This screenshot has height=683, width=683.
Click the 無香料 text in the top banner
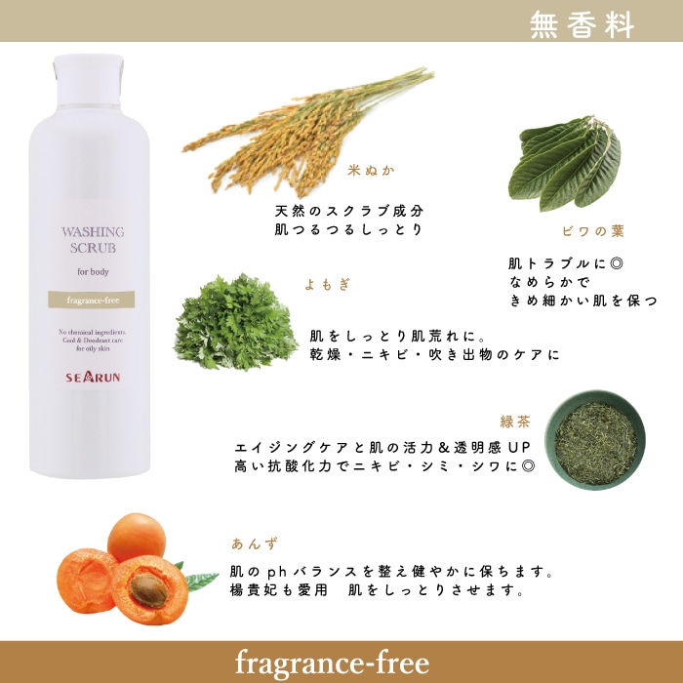point(582,24)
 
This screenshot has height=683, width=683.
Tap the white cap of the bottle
point(89,80)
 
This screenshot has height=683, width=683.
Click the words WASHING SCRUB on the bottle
point(93,240)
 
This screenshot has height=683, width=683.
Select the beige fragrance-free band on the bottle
point(92,300)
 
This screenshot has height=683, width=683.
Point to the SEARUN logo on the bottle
point(93,377)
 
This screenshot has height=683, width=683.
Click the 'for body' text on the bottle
point(93,272)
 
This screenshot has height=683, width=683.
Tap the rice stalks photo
point(307,131)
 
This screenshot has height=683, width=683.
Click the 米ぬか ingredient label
point(371,171)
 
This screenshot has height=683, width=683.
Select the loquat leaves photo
point(565,163)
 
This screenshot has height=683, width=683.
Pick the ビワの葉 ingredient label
point(593,231)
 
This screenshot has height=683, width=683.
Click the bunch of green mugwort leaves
point(236,323)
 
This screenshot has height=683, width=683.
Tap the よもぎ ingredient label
point(327,285)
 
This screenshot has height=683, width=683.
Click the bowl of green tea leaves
point(595,440)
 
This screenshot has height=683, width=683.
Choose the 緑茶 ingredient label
point(515,422)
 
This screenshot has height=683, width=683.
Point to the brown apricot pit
point(149,589)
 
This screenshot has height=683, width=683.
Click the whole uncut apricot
point(137,537)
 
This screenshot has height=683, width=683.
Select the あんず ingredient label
point(255,544)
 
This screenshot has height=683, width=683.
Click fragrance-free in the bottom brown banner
point(332,663)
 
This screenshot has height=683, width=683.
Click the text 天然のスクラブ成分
point(349,212)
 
